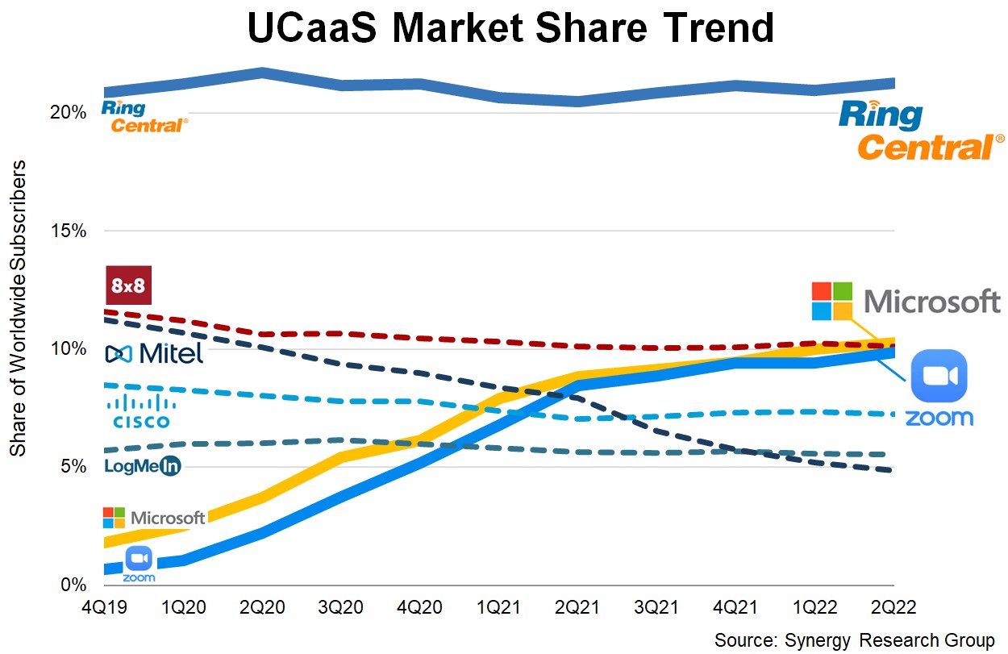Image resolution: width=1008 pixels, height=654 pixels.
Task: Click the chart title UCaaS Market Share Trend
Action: coord(510,29)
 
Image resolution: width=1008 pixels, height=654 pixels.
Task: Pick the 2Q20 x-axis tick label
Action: coord(263,606)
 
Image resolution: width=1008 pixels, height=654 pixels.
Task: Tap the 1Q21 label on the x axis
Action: coord(499,606)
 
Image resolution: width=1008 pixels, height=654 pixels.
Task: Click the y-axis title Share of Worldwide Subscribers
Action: coord(18,308)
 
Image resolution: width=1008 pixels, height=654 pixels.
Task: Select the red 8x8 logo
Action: coord(129,286)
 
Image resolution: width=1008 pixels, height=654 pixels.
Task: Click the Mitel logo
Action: coord(154,353)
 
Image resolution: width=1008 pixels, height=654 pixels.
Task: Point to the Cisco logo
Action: coord(140,410)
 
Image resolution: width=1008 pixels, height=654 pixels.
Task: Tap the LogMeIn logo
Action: coord(143,466)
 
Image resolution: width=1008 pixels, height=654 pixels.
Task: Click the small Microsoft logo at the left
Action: coord(154,518)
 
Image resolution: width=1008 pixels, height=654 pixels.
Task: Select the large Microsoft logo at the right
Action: coord(906,302)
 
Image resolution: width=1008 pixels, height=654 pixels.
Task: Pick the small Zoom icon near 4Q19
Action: coord(140,562)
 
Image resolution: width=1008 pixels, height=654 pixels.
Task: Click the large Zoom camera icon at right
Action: coord(938,375)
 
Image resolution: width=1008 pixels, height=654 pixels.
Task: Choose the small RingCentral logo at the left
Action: coord(144,116)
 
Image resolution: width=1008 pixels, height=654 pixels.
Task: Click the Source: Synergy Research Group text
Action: coord(854,640)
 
